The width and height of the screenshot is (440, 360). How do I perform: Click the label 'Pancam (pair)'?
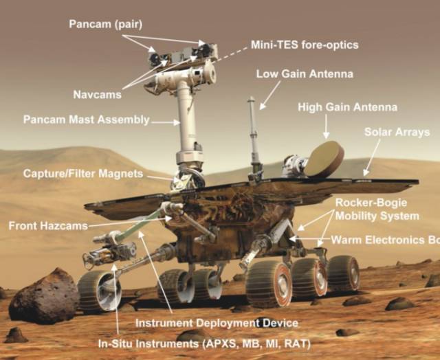105,24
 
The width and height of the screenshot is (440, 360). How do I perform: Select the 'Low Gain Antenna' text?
305,73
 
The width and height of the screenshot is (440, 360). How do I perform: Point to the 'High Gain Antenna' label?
347,107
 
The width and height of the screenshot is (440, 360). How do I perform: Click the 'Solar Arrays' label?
397,132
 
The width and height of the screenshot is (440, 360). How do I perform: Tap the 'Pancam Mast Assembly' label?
86,120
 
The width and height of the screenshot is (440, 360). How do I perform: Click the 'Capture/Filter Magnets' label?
83,172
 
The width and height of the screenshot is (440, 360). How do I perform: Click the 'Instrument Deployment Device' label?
217,323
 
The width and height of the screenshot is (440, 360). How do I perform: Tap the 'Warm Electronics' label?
385,240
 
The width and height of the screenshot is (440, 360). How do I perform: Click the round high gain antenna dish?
324,159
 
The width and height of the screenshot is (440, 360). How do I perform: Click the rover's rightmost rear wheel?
342,272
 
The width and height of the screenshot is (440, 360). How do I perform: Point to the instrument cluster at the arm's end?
103,254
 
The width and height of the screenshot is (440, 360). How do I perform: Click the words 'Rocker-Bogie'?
371,203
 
